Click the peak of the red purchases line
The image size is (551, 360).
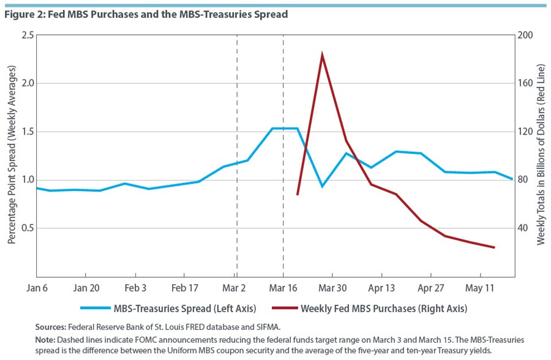click(x=322, y=55)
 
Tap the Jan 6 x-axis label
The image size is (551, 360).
click(x=37, y=287)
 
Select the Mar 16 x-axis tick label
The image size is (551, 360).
click(x=283, y=287)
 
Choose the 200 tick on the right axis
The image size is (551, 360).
click(x=527, y=36)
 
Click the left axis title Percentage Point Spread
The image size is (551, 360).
click(x=11, y=157)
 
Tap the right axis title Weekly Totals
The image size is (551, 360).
click(x=541, y=157)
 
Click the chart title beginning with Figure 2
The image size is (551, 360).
click(x=146, y=13)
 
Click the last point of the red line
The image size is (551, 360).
click(x=494, y=247)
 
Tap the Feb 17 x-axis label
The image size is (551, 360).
click(x=184, y=287)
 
